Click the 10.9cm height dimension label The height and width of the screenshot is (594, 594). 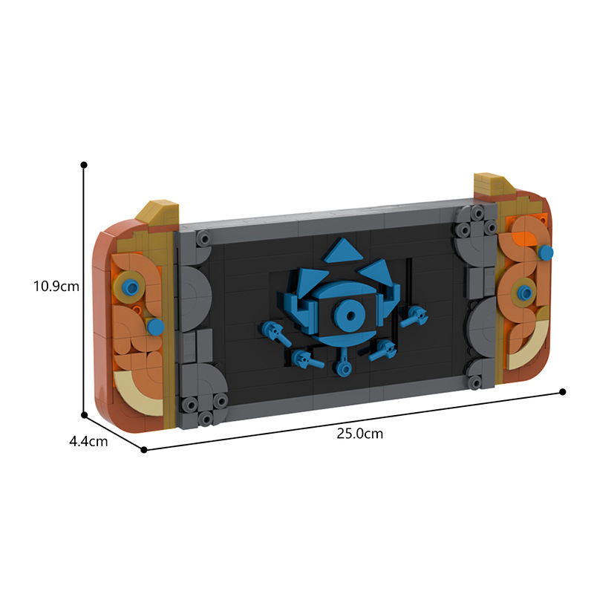[56, 286]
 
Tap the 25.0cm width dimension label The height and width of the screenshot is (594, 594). [360, 434]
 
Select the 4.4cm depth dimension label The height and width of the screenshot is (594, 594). [88, 441]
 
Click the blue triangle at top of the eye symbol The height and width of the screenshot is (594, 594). [343, 250]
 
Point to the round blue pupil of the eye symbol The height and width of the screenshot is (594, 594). [349, 315]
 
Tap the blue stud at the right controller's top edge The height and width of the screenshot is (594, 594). [545, 252]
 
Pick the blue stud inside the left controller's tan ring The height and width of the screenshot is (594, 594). [131, 288]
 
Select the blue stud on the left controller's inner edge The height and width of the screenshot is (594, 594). [155, 327]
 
